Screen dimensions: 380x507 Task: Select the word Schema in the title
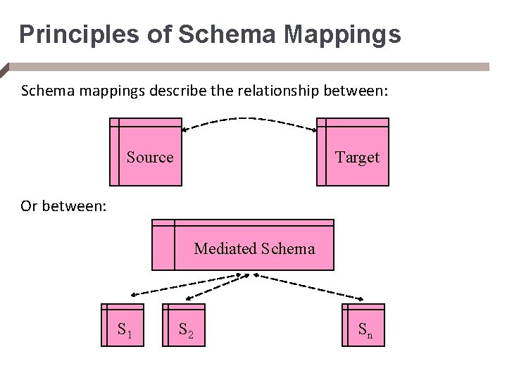click(x=212, y=33)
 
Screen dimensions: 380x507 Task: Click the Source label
click(x=150, y=158)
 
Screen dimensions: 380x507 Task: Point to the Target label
click(x=357, y=158)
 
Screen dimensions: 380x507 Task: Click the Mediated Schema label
click(x=254, y=248)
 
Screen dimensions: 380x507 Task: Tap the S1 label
click(x=126, y=329)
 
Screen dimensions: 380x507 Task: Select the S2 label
click(x=187, y=329)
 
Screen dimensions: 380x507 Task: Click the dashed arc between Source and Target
click(x=250, y=119)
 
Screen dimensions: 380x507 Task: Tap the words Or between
click(x=63, y=206)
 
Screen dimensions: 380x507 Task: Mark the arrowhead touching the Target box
click(x=314, y=129)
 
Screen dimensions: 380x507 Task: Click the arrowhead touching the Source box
click(x=185, y=129)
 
